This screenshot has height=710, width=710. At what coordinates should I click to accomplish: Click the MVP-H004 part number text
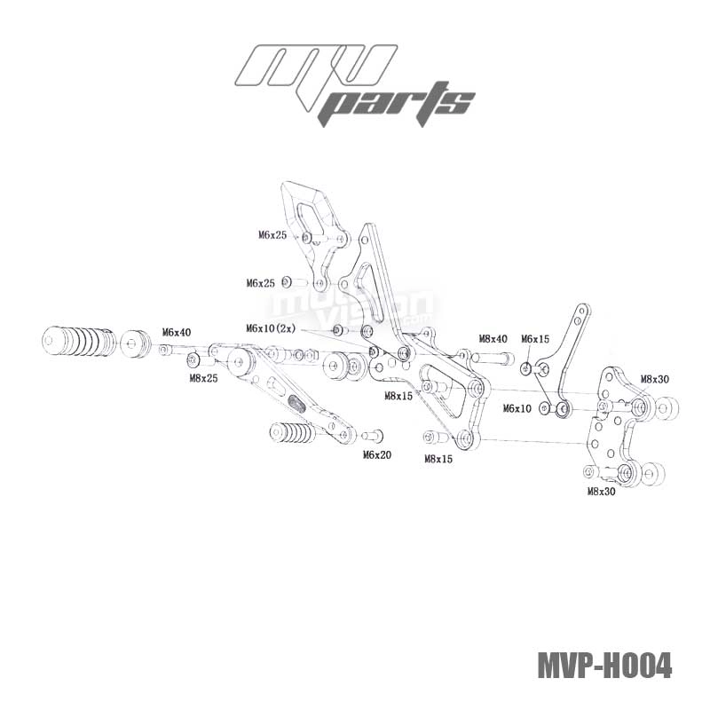pyautogui.click(x=604, y=665)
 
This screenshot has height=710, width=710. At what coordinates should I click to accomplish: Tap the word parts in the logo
pyautogui.click(x=398, y=105)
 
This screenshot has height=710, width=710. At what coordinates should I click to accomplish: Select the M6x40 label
pyautogui.click(x=176, y=332)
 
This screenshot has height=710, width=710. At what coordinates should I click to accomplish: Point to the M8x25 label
pyautogui.click(x=203, y=378)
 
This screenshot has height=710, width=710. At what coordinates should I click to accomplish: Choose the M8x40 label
pyautogui.click(x=493, y=339)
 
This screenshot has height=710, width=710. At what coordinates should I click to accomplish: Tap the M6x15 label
pyautogui.click(x=535, y=339)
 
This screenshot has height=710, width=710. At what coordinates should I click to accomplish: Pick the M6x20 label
pyautogui.click(x=377, y=454)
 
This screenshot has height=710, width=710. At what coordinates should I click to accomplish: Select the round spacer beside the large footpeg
pyautogui.click(x=136, y=343)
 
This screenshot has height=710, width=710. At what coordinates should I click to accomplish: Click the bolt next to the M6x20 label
pyautogui.click(x=372, y=436)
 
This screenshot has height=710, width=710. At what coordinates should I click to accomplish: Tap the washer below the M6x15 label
pyautogui.click(x=526, y=368)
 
